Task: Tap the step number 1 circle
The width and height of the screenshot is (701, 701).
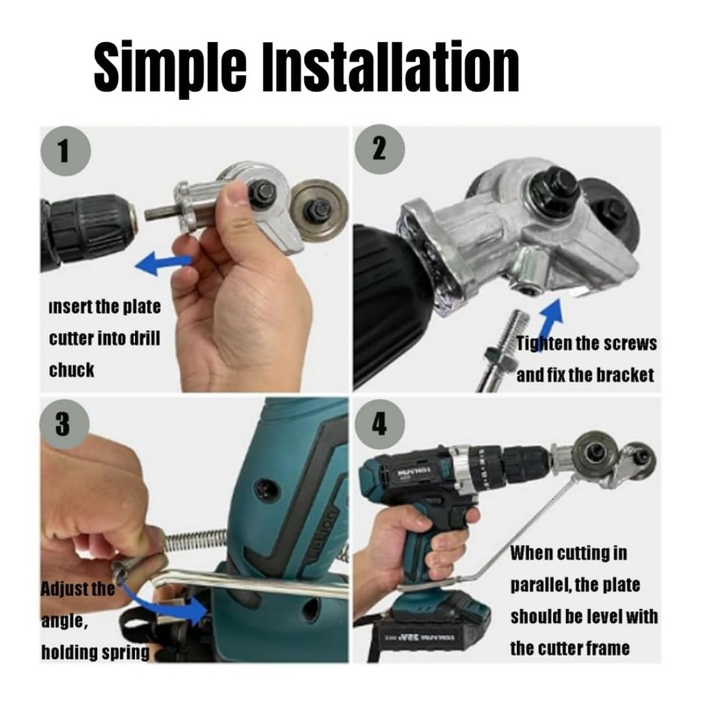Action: pyautogui.click(x=62, y=150)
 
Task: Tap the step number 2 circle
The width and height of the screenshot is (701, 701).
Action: pyautogui.click(x=378, y=148)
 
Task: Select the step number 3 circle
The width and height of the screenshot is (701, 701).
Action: pyautogui.click(x=62, y=423)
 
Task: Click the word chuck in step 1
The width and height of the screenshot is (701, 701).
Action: pyautogui.click(x=71, y=370)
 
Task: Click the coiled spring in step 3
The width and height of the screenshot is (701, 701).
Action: pyautogui.click(x=196, y=542)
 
